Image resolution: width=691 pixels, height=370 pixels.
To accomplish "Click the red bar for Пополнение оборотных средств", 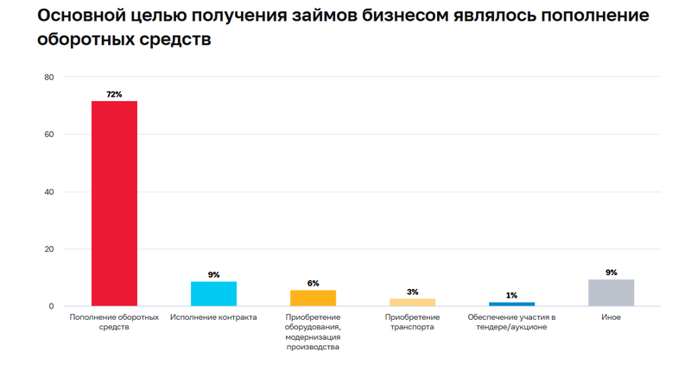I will (114, 204).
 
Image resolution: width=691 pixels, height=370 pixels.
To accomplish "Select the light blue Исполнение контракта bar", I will (213, 294).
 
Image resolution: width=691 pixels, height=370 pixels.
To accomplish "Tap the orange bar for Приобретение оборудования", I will (313, 298).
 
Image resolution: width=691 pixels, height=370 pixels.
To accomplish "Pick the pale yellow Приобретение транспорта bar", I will (412, 302).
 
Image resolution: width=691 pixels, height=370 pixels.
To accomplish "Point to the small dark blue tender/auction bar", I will (511, 304).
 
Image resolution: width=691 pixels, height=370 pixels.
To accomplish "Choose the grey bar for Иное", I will (611, 293).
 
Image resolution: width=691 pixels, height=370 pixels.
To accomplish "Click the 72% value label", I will (114, 94).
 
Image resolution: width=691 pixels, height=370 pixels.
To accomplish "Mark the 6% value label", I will (313, 283).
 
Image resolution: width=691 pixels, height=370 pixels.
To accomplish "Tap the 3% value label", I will (412, 292).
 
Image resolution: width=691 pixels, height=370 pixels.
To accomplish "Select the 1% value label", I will (511, 295).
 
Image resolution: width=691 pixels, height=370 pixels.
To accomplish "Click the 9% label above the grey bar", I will (611, 273).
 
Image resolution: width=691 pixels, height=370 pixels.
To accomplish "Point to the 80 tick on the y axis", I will (48, 78).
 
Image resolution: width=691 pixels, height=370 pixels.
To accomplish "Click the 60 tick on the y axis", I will (48, 135).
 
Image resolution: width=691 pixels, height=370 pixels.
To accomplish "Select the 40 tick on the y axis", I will (48, 192).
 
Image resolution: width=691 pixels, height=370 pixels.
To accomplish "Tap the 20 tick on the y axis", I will (48, 249).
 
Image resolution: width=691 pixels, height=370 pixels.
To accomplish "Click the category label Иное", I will (611, 317).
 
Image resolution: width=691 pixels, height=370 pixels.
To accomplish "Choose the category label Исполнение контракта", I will (213, 317).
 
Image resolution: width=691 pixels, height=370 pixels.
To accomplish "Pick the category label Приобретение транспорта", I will (412, 322).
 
